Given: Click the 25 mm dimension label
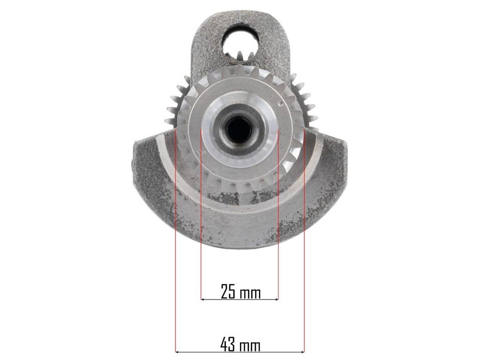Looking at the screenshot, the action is coord(240,292).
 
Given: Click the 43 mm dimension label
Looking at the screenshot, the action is coord(240,345).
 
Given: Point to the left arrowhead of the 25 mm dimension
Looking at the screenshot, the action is coord(203,299).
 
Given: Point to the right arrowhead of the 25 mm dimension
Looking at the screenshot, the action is coord(276,299).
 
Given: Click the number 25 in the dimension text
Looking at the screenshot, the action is coord(228,292).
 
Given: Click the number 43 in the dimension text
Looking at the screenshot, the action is coord(228,345).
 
